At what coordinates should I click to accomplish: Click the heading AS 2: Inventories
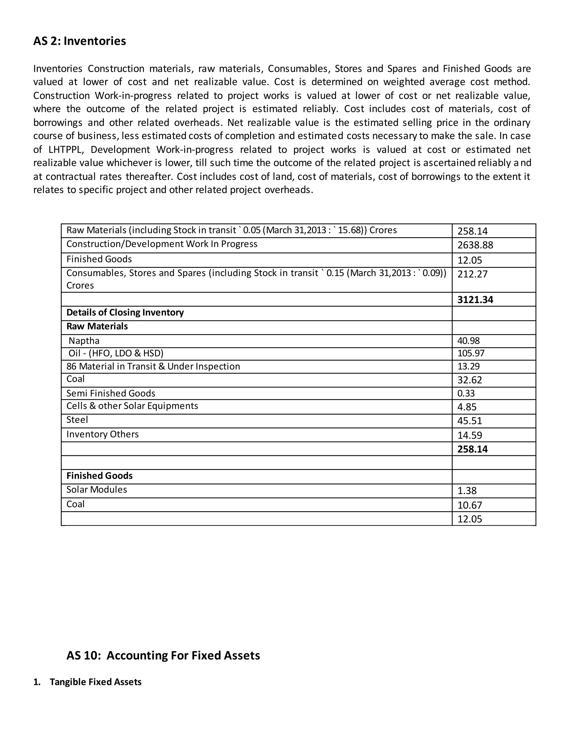coord(80,41)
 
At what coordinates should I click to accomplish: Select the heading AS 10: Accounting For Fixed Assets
coord(163,655)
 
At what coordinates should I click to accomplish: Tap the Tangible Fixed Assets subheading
coord(96,682)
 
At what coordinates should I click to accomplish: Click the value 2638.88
coord(475,245)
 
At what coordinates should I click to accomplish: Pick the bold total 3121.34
coord(475,299)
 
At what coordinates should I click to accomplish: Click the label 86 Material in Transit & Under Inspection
coord(153,366)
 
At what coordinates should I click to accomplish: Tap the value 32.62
coord(470,380)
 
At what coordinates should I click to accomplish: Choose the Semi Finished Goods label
coord(111,393)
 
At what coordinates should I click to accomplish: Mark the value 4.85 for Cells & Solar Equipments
coord(467,407)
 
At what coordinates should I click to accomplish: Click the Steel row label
coord(77,420)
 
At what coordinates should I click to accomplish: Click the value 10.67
coord(470,505)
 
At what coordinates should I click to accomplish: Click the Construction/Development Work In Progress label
coord(162,244)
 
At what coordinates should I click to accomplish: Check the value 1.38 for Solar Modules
coord(467,491)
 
